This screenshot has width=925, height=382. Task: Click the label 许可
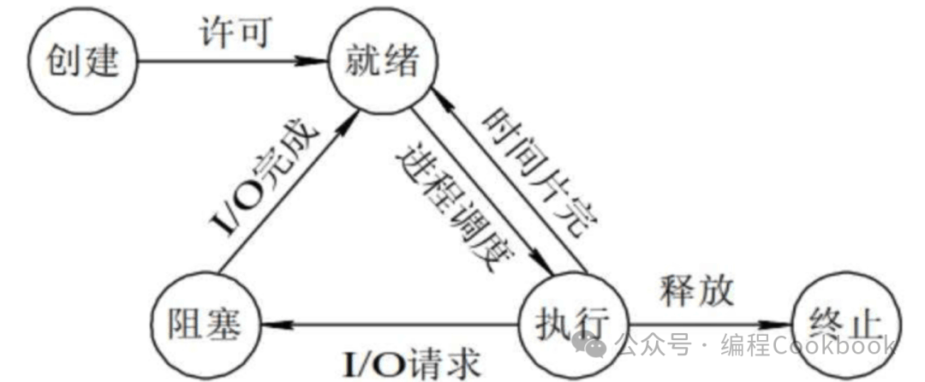234,34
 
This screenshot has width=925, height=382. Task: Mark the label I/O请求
411,364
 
